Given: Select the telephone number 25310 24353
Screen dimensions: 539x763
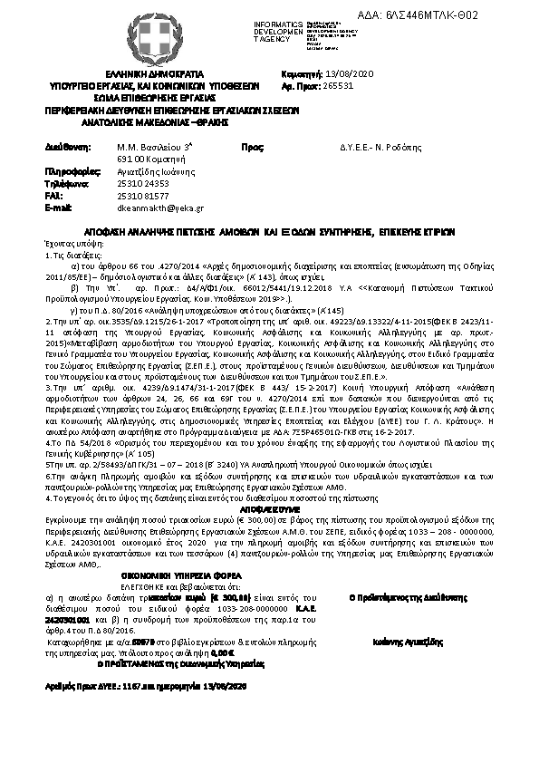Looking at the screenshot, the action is [143, 183].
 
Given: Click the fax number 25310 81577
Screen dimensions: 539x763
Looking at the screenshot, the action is [143, 195].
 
